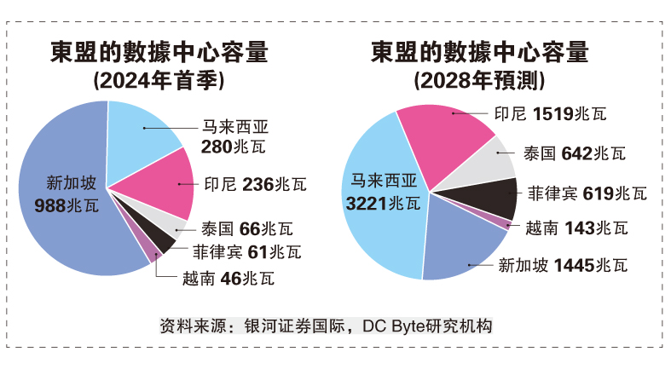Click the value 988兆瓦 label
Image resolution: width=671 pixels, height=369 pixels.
tap(66, 205)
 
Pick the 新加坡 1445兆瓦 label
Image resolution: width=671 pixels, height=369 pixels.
tap(563, 266)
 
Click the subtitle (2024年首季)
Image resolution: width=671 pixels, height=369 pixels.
tap(158, 82)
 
